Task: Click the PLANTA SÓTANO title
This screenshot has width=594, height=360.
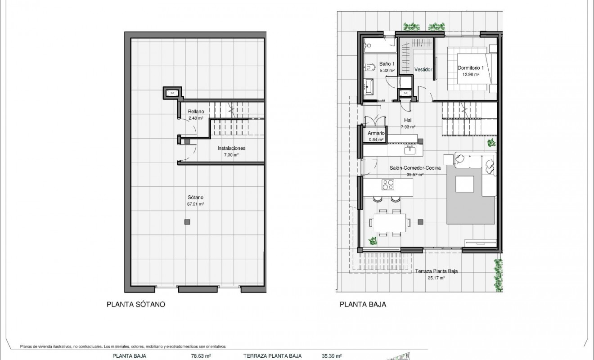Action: click(x=135, y=304)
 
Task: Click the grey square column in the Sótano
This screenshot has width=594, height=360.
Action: click(x=187, y=221)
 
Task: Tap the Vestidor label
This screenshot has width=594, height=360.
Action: click(x=423, y=70)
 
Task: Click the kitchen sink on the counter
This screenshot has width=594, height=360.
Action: click(x=409, y=150)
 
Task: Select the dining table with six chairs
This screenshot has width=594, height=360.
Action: click(x=389, y=222)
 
